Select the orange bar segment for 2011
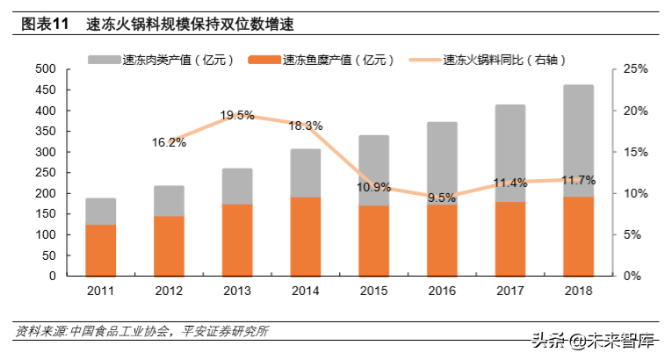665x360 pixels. click(x=100, y=250)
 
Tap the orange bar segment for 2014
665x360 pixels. click(x=306, y=236)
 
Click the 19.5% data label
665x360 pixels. click(x=236, y=115)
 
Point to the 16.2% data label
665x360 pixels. click(x=169, y=142)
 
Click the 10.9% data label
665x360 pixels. click(x=374, y=187)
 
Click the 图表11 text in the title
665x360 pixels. click(x=45, y=25)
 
